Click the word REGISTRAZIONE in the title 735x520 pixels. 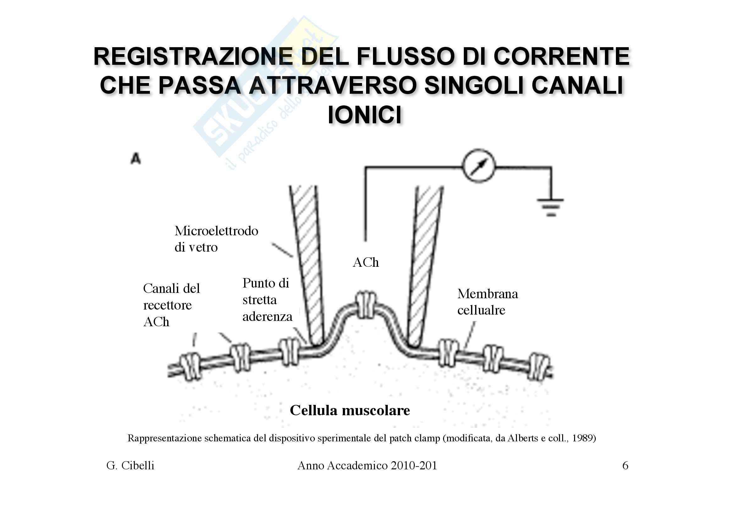click(193, 57)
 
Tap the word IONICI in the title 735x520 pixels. click(365, 115)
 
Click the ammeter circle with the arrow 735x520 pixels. click(479, 166)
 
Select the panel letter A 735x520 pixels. click(136, 159)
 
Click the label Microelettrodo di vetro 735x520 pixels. click(216, 239)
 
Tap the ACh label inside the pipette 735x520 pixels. click(365, 262)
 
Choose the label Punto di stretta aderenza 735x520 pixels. click(267, 299)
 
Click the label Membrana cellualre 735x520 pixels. click(487, 302)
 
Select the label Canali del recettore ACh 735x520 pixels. click(171, 305)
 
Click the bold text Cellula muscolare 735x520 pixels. click(349, 410)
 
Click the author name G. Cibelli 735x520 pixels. click(130, 466)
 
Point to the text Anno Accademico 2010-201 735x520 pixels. click(367, 466)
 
